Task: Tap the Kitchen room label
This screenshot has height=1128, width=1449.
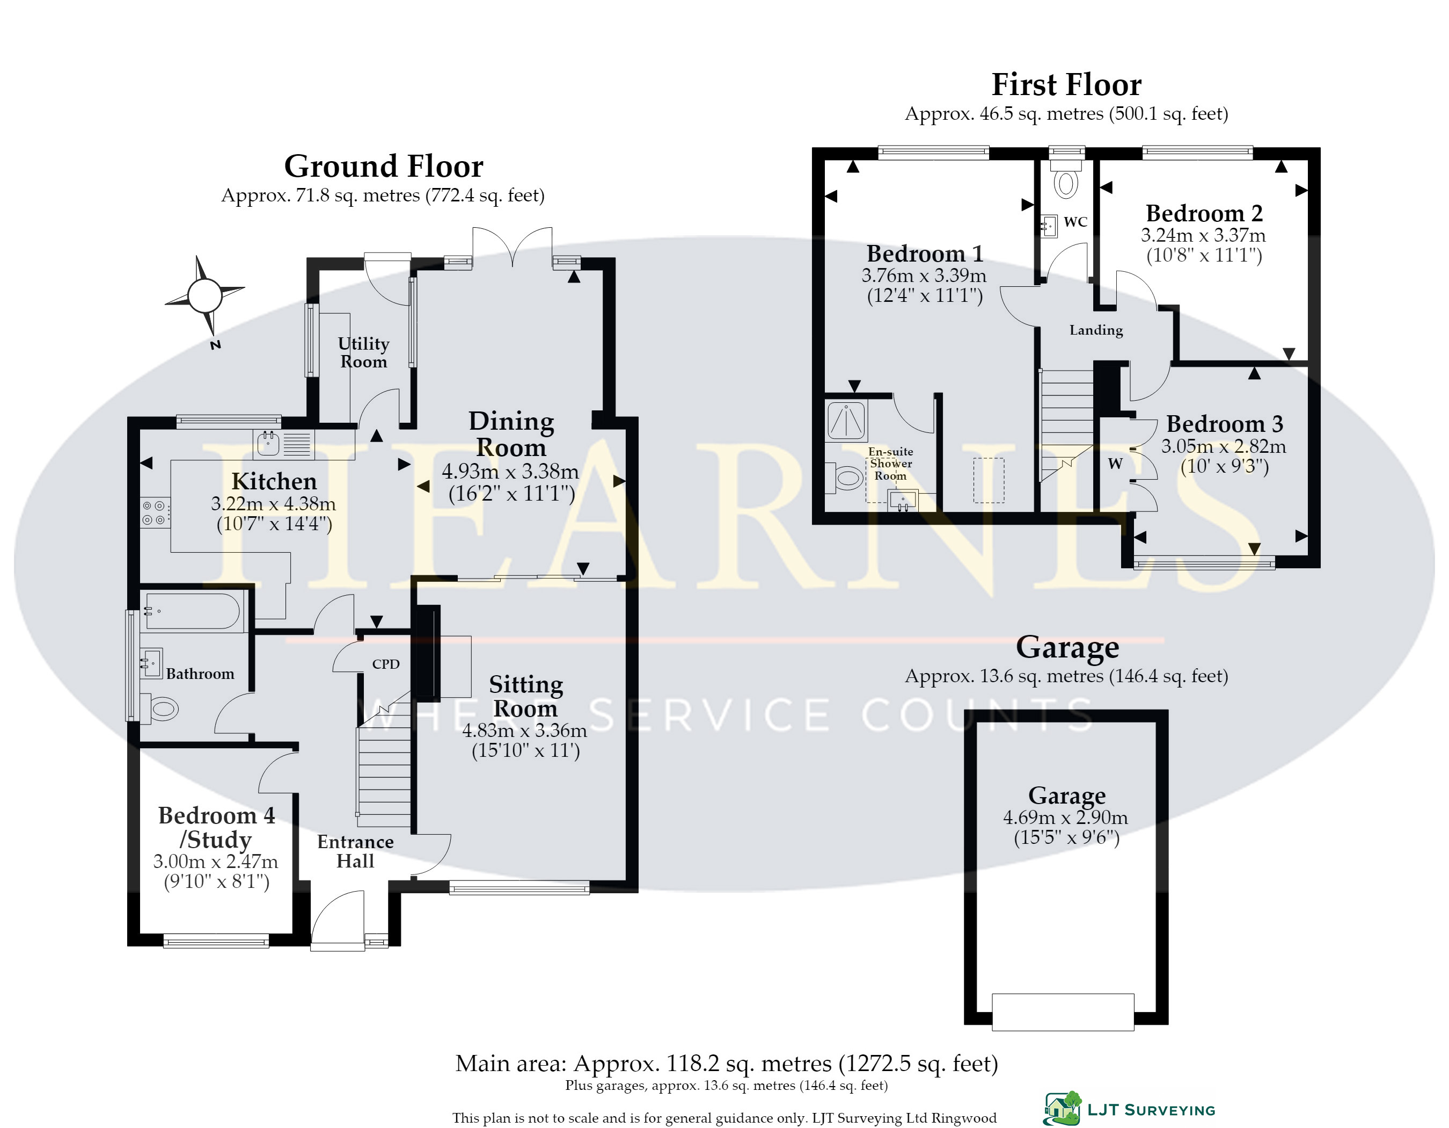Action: pyautogui.click(x=274, y=481)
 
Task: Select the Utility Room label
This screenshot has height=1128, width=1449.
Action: pyautogui.click(x=363, y=352)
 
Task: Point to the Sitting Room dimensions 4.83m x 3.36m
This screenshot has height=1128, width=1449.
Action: pyautogui.click(x=525, y=731)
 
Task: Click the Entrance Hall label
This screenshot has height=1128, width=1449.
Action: pyautogui.click(x=356, y=851)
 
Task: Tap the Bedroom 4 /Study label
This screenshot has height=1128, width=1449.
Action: pyautogui.click(x=216, y=827)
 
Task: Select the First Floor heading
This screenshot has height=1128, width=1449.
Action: pyautogui.click(x=1066, y=84)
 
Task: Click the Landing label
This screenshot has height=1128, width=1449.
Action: pyautogui.click(x=1096, y=330)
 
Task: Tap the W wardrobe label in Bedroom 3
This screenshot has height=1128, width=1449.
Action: pyautogui.click(x=1115, y=464)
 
